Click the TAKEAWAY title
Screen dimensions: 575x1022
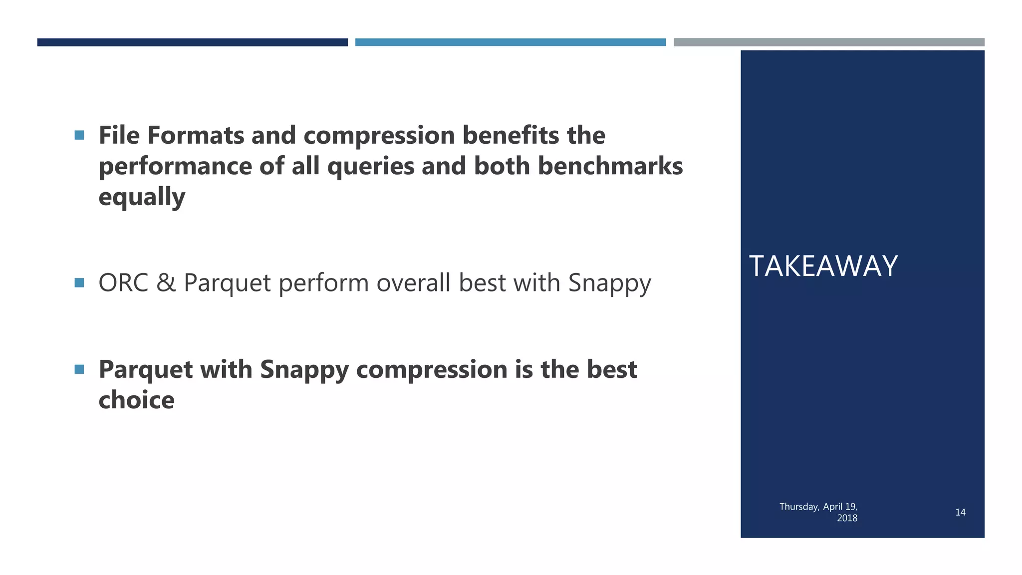(x=823, y=266)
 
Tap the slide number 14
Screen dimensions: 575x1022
(x=960, y=512)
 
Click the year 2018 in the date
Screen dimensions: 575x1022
(x=847, y=518)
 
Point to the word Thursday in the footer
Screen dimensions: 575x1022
(x=799, y=507)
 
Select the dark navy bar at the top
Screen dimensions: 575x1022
(x=192, y=42)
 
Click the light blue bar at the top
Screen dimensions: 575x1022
(x=510, y=42)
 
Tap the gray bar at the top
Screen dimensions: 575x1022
(x=829, y=42)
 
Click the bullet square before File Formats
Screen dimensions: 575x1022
(x=79, y=135)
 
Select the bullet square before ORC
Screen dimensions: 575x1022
(x=79, y=283)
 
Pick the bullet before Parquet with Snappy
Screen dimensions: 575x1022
(x=79, y=369)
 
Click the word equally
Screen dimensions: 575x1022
(x=142, y=197)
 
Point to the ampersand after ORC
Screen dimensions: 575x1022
(x=166, y=283)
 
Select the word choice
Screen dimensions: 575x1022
(x=136, y=400)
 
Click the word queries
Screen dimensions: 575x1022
(x=370, y=166)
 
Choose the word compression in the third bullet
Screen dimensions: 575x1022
(x=432, y=370)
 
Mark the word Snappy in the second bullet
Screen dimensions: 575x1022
(x=609, y=283)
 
